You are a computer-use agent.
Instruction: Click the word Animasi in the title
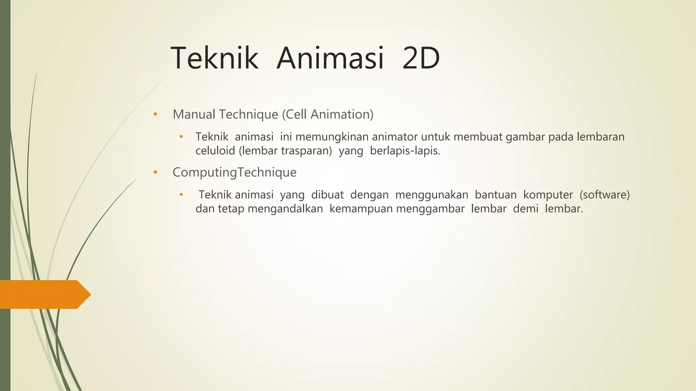coord(330,58)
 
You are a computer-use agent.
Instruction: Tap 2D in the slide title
coord(421,58)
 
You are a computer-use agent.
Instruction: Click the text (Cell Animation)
coord(328,114)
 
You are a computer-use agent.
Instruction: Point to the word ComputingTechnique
coord(234,172)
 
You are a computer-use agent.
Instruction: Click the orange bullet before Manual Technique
coord(155,114)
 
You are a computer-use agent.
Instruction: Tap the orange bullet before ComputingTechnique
coord(155,172)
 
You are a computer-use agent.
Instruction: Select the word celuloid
coord(215,151)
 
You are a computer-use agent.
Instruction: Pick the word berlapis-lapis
coord(405,151)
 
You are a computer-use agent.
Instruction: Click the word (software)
coord(605,195)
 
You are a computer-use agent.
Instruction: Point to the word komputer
coord(548,195)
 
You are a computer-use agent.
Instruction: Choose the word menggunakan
coord(432,195)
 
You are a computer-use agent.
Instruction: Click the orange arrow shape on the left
coord(44,294)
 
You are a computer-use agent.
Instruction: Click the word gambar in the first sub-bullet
coord(525,137)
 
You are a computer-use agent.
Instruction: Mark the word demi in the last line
coord(525,209)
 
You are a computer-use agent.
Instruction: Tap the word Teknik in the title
coord(214,58)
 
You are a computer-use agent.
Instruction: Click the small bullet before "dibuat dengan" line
coord(181,195)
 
